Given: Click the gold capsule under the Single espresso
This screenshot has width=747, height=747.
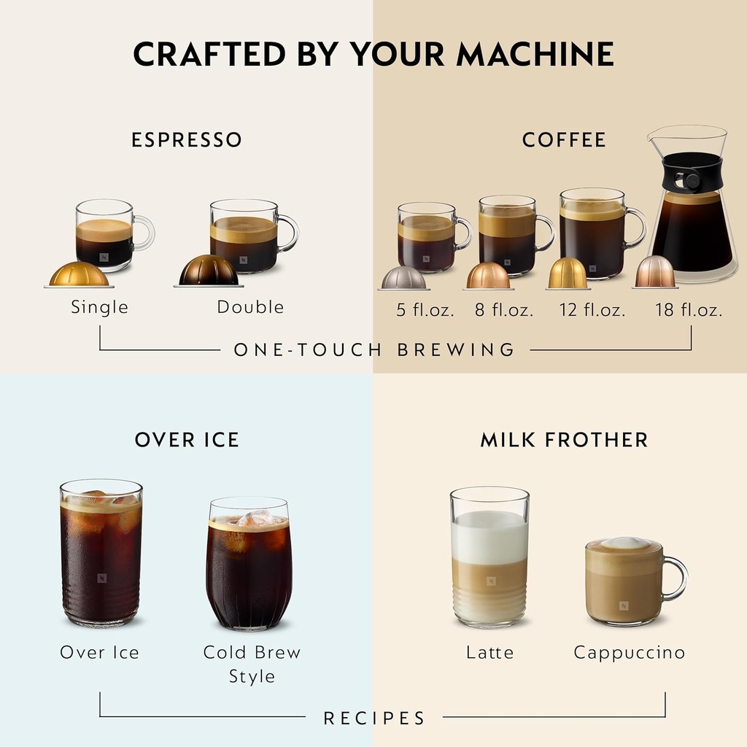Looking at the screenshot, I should tap(79, 274).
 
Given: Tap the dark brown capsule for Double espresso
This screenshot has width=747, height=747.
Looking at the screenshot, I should tap(209, 271).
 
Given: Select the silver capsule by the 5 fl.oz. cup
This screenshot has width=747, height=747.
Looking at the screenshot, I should tap(403, 279).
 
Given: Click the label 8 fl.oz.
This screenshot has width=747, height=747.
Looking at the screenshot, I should tap(504, 310).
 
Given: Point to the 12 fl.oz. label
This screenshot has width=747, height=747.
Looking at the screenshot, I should tap(592, 310).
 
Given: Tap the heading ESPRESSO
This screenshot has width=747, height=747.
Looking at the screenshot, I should tap(187, 139).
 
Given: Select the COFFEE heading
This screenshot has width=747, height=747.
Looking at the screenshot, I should tap(564, 139).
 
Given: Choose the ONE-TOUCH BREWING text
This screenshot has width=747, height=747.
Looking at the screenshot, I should tap(374, 349).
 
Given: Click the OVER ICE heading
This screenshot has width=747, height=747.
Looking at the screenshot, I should tap(187, 440).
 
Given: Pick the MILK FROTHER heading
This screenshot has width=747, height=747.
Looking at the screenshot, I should tap(564, 440).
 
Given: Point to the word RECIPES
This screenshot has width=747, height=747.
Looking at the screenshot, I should tap(374, 719).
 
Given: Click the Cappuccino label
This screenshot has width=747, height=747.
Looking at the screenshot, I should tap(629, 652).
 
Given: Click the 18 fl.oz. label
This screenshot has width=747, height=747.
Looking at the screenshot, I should tap(689, 310).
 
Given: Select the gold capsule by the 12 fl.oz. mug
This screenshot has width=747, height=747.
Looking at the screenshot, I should tap(568, 274).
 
